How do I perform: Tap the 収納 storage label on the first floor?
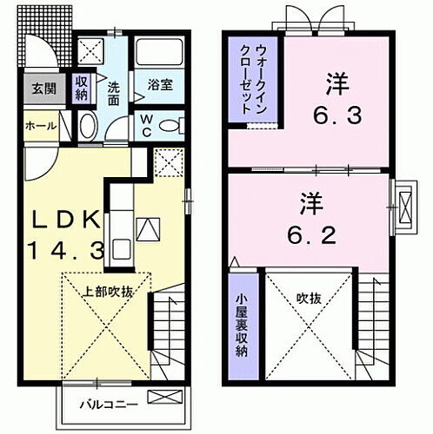(82, 88)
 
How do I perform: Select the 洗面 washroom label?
(115, 93)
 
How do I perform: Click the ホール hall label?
(43, 126)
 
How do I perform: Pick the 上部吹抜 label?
(108, 292)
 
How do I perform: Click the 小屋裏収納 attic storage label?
(242, 326)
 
